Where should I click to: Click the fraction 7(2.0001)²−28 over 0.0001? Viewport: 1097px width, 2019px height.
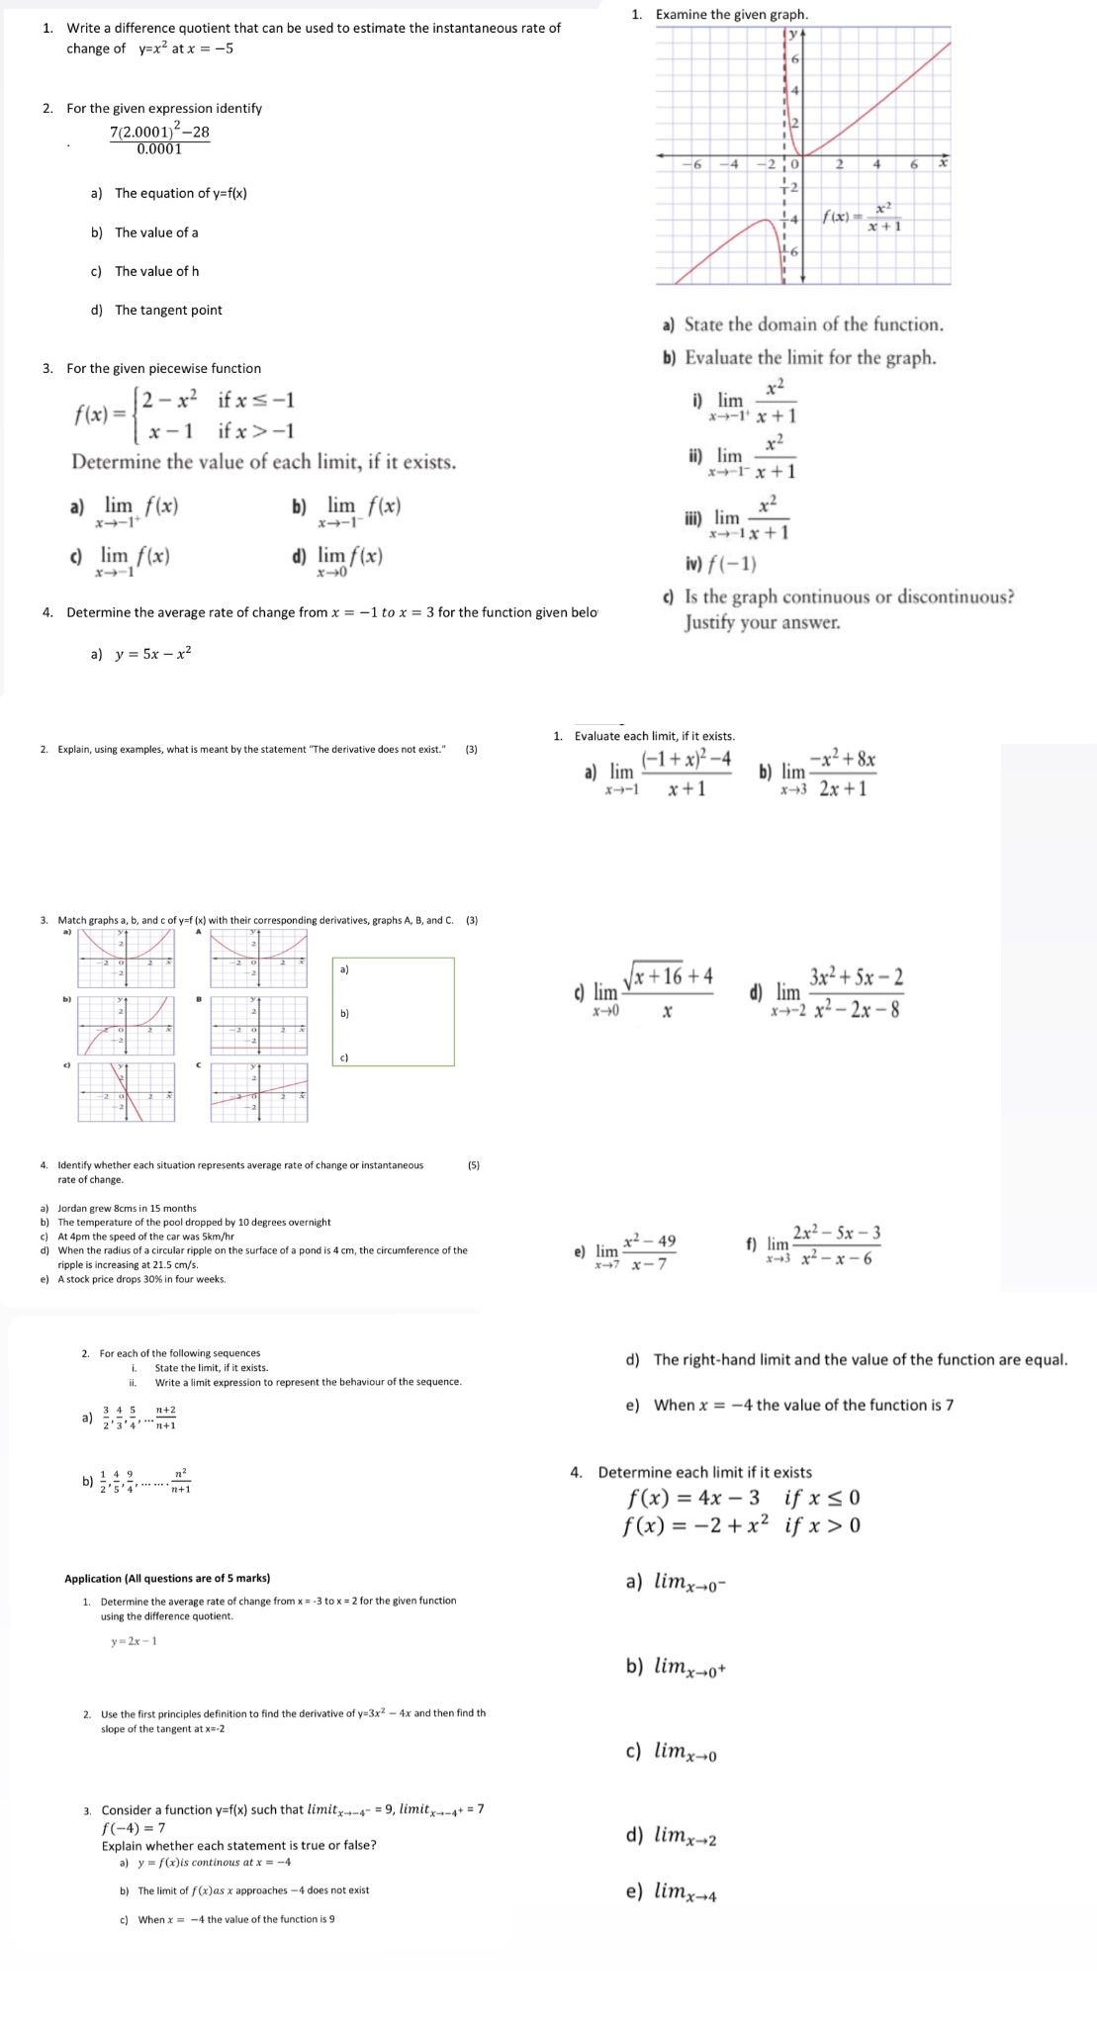click(x=159, y=139)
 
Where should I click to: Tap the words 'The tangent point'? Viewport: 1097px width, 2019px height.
click(x=168, y=310)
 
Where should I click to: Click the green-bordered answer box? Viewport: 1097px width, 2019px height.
click(x=394, y=1011)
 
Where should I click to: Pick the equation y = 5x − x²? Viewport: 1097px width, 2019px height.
click(x=153, y=653)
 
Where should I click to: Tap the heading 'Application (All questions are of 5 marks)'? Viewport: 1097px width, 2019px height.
click(x=167, y=1578)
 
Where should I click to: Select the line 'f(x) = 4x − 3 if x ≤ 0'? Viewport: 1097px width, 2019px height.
click(x=742, y=1498)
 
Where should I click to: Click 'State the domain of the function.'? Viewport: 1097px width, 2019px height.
click(x=813, y=324)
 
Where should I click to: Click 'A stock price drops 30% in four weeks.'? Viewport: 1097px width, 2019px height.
click(x=141, y=1279)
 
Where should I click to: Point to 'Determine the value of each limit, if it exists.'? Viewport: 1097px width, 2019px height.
click(x=263, y=462)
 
